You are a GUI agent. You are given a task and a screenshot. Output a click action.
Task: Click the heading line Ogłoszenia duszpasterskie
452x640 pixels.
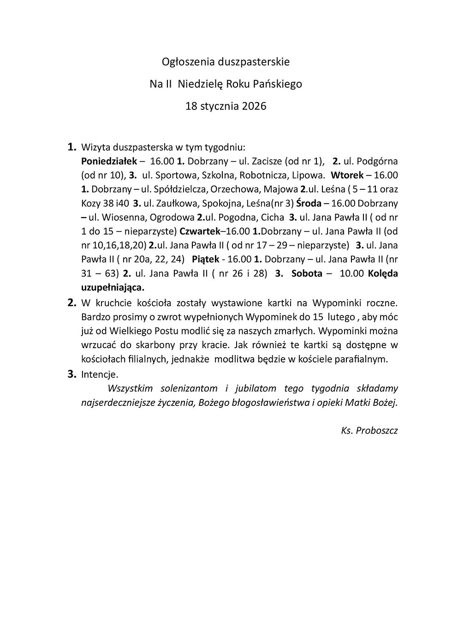click(226, 61)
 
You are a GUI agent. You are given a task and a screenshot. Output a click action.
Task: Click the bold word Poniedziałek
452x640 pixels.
click(109, 161)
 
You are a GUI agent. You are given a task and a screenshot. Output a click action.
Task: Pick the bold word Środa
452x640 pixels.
click(309, 203)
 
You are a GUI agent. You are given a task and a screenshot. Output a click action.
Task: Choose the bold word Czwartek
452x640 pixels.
click(200, 231)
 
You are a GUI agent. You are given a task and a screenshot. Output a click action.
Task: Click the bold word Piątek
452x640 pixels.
click(205, 259)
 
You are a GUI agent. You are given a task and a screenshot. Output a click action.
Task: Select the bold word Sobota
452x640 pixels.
click(307, 273)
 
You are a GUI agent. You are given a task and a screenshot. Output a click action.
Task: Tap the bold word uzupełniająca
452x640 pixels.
click(113, 287)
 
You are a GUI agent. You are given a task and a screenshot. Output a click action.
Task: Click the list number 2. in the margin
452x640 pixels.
click(71, 303)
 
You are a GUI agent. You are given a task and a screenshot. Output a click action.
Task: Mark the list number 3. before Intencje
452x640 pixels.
click(71, 374)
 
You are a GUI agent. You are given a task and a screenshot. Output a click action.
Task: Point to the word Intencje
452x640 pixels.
click(100, 374)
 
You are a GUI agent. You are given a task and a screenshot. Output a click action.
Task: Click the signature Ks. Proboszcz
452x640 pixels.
click(369, 431)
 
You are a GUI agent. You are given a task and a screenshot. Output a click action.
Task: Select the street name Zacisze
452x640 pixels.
click(267, 161)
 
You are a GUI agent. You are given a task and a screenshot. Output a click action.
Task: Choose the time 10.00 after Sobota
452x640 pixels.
click(352, 273)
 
